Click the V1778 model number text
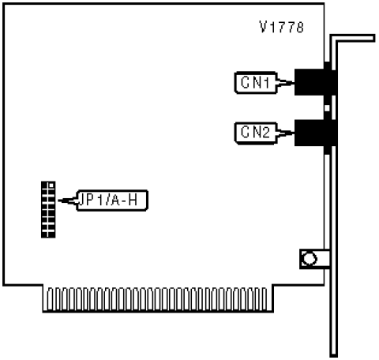(281, 27)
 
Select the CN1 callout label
(256, 83)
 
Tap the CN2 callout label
(256, 133)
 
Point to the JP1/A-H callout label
(112, 201)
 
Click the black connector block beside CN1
(315, 82)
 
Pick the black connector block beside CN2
(315, 133)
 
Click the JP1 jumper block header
(48, 209)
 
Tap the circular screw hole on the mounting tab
(310, 259)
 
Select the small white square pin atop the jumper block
(51, 186)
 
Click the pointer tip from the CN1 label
(294, 83)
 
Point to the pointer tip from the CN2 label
(294, 133)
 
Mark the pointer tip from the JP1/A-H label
(58, 201)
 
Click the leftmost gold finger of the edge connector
(50, 299)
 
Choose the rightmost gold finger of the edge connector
(265, 299)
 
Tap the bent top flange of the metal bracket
(353, 38)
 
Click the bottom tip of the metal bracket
(333, 355)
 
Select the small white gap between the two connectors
(327, 108)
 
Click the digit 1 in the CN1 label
(266, 83)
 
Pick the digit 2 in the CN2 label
(265, 133)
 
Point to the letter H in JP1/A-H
(133, 201)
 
